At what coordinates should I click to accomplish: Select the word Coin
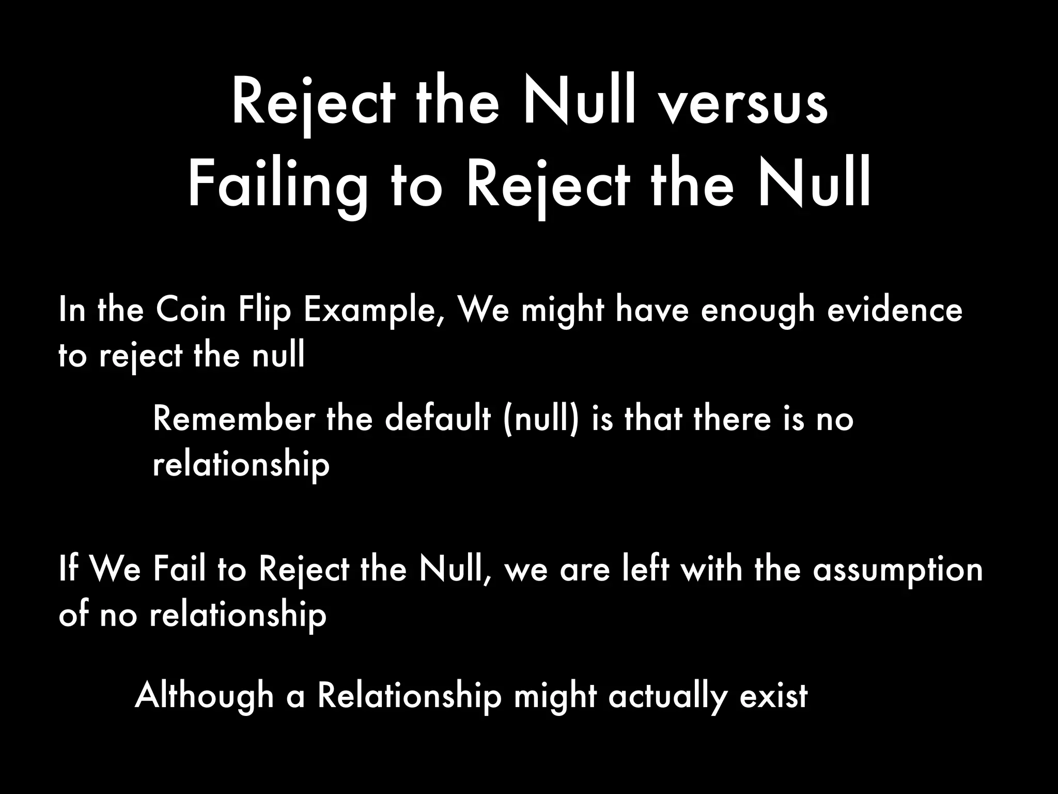(191, 310)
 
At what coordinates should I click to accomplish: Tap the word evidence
(895, 310)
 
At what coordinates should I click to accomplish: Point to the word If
(69, 569)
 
